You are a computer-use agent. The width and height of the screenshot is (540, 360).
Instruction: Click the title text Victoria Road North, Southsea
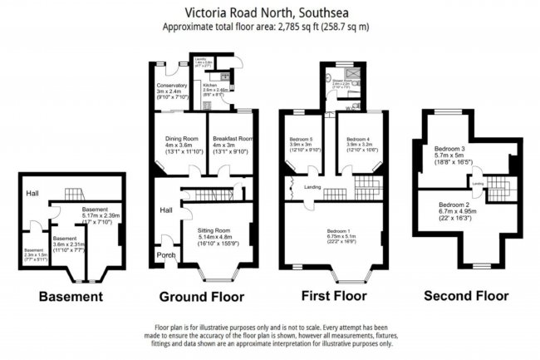pyautogui.click(x=269, y=12)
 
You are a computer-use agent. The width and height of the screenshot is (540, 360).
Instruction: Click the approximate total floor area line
pyautogui.click(x=269, y=26)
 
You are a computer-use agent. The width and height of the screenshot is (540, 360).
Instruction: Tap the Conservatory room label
pyautogui.click(x=173, y=84)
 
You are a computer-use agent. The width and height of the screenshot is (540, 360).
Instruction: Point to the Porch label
pyautogui.click(x=168, y=255)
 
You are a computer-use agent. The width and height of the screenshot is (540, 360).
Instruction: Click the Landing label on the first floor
pyautogui.click(x=312, y=187)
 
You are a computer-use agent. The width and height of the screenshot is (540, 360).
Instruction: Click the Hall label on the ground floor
pyautogui.click(x=165, y=210)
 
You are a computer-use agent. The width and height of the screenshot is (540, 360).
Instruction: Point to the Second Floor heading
pyautogui.click(x=465, y=296)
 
